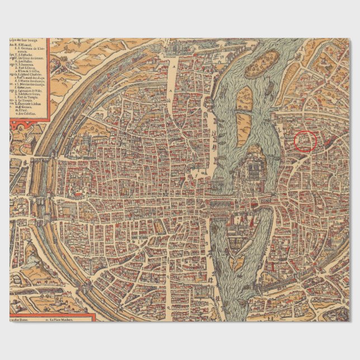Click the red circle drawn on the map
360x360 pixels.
tap(305, 141)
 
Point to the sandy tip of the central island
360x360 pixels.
tap(237, 263)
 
